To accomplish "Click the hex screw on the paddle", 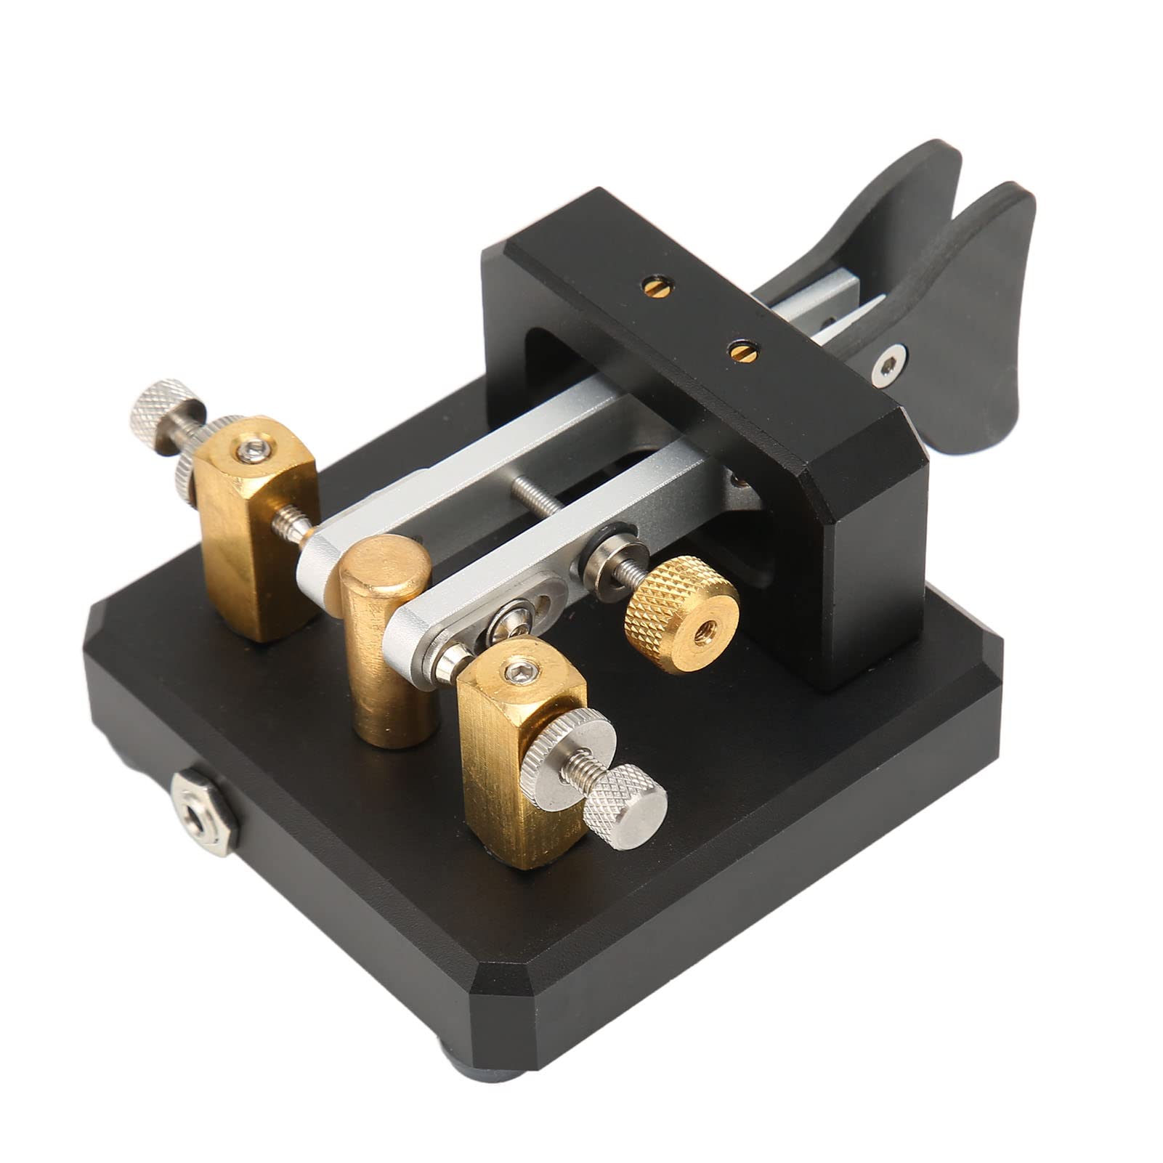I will pyautogui.click(x=888, y=365).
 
